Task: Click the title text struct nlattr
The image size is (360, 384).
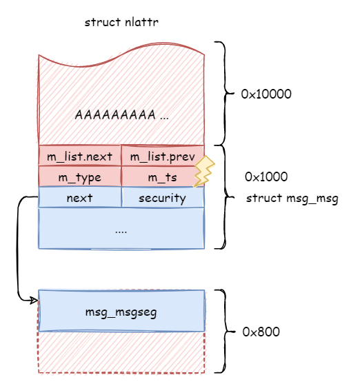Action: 123,22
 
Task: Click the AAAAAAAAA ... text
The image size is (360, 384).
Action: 121,115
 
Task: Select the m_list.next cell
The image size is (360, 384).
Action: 79,156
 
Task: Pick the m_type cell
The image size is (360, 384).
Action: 79,177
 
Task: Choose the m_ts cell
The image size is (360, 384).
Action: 162,177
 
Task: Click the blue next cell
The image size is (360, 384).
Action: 79,198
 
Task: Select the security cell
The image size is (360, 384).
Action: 162,198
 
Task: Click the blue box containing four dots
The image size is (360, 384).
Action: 121,228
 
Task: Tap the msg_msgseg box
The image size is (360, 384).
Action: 121,312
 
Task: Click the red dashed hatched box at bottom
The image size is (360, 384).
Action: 121,353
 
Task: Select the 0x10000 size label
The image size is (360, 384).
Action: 266,93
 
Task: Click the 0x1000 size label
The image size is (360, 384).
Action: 266,177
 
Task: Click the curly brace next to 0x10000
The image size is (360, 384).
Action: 221,93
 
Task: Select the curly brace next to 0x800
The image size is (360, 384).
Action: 221,331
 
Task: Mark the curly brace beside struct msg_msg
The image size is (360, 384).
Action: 221,196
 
